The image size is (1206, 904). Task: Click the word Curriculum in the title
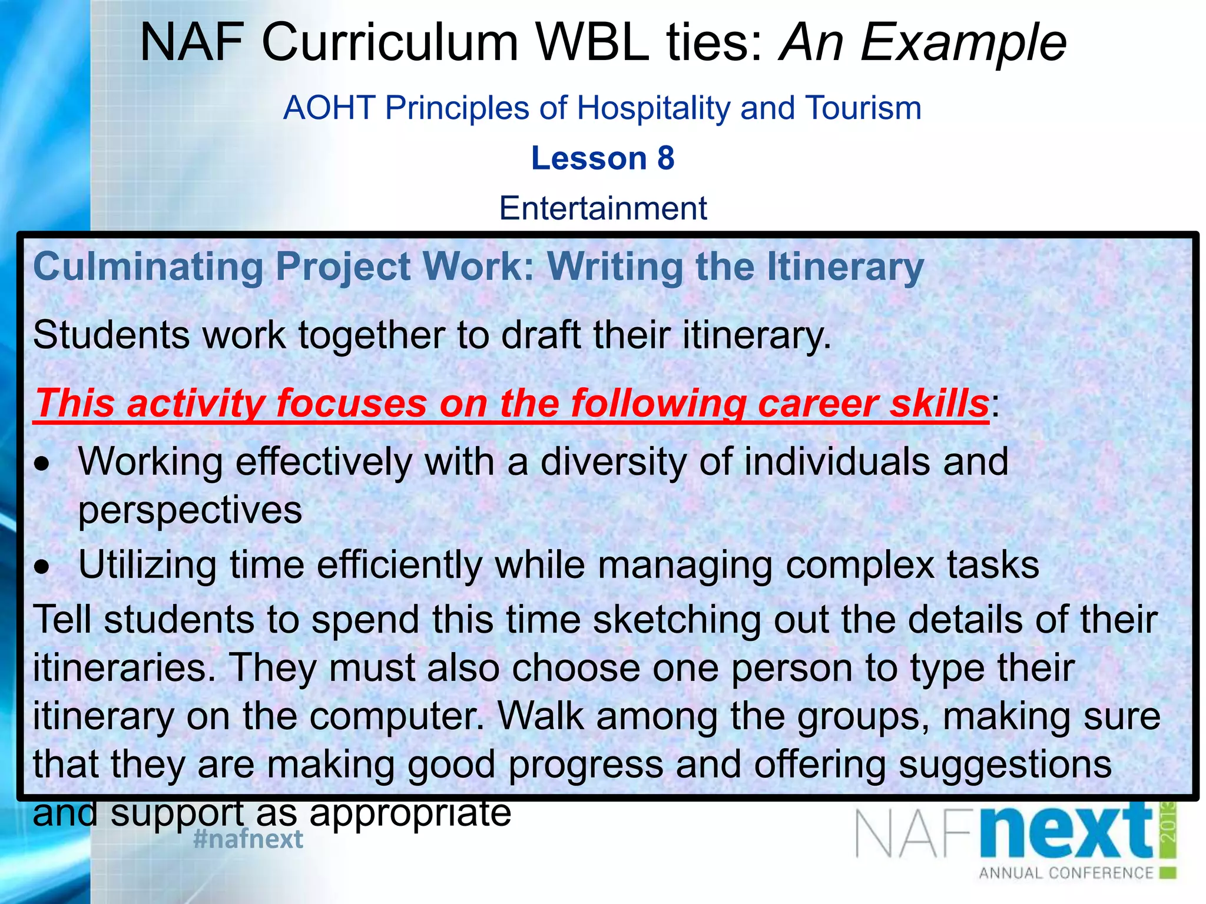389,42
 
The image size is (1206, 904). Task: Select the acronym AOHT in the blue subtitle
329,108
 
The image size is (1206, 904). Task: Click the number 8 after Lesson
665,158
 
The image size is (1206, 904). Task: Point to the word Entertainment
602,208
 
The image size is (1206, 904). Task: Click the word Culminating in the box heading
148,267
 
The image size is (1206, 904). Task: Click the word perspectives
190,511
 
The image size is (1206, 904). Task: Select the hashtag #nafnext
248,839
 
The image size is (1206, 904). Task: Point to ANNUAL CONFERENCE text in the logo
1066,873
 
